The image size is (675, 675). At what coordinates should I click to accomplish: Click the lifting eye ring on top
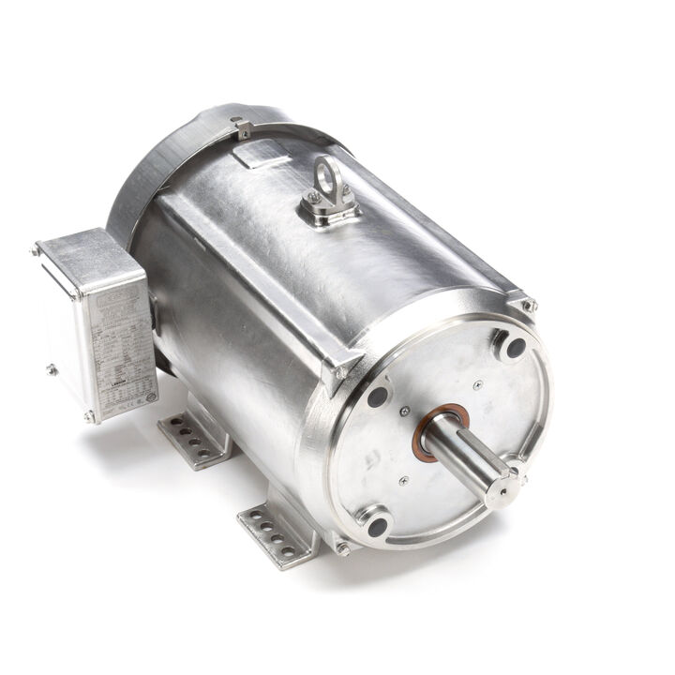point(329,174)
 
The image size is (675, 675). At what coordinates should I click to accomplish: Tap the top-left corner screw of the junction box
point(36,250)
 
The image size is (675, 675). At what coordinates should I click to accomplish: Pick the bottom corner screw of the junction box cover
point(89,415)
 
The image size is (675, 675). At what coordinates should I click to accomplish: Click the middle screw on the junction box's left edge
point(51,368)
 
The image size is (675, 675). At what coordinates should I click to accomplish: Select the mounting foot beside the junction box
point(194,438)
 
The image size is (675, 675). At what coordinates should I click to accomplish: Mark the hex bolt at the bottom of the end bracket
point(343,547)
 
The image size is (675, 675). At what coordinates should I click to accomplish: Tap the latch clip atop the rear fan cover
point(243,128)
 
